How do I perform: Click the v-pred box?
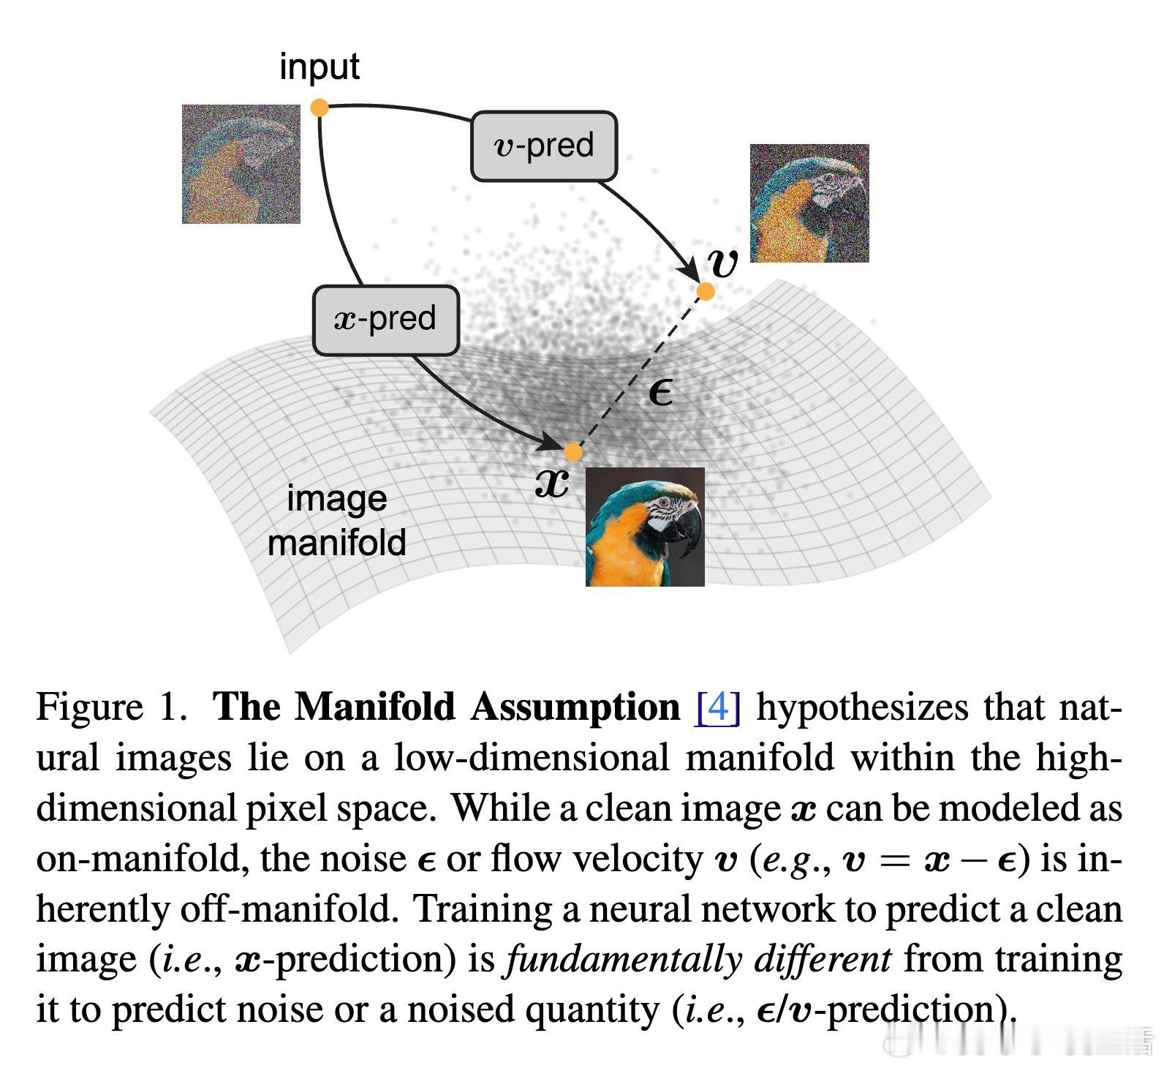[544, 146]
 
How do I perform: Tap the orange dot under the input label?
[320, 108]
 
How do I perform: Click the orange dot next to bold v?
[706, 292]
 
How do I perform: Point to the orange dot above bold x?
[573, 452]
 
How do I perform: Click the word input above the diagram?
[320, 67]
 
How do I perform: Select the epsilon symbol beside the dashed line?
[660, 394]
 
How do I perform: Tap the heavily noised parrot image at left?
[241, 164]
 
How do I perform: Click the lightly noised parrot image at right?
[809, 203]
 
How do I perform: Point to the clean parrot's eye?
[665, 503]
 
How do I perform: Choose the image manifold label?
[337, 521]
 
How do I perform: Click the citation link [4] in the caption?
[719, 707]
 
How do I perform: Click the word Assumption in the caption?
[575, 707]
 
